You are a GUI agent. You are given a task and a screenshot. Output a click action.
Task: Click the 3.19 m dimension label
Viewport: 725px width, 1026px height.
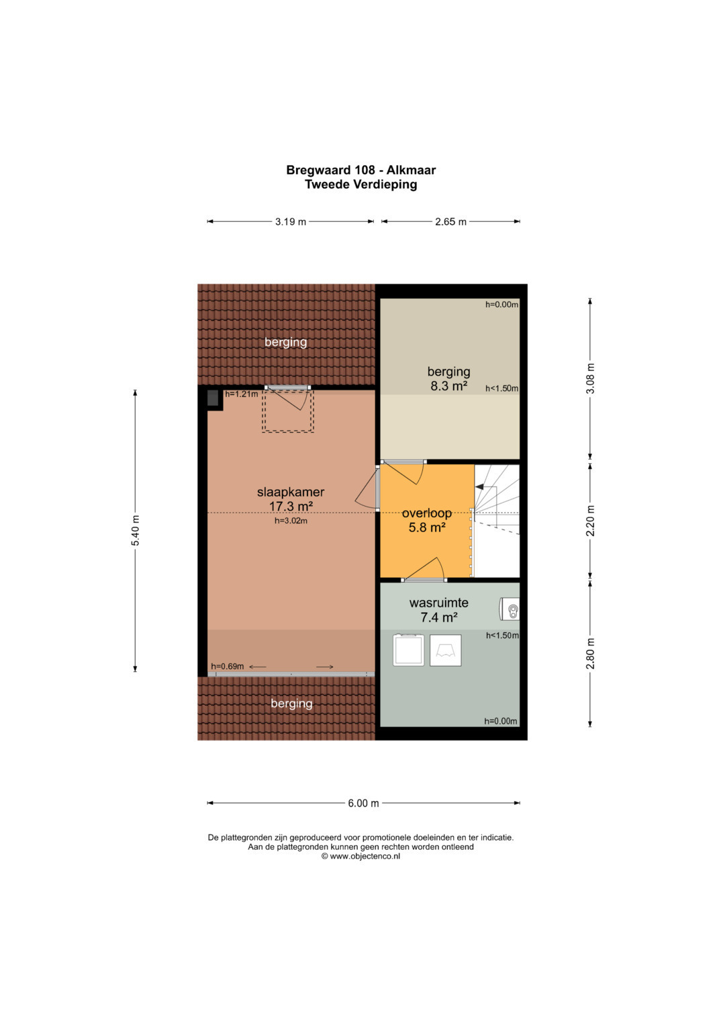click(290, 222)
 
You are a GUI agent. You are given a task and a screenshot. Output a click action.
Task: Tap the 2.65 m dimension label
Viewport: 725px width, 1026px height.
click(450, 222)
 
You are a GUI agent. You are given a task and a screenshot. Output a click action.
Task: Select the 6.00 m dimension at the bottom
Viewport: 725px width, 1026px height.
click(363, 803)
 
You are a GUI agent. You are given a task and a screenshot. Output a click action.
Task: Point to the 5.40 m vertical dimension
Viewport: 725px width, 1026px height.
click(135, 531)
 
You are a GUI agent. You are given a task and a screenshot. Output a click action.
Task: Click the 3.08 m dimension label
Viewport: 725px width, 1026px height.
click(591, 378)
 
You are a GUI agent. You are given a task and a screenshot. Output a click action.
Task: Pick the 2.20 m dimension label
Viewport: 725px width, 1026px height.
click(591, 521)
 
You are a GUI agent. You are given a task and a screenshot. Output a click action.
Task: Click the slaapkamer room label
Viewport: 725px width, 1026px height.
click(291, 493)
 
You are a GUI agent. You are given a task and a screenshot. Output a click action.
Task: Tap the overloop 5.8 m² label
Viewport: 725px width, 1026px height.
click(426, 520)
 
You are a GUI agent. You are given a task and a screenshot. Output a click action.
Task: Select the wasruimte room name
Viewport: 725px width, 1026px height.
click(439, 603)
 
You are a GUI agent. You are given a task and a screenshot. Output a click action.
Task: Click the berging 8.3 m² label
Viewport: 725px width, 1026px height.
click(448, 379)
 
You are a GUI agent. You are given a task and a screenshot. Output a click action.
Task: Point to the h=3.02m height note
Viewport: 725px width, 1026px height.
click(291, 521)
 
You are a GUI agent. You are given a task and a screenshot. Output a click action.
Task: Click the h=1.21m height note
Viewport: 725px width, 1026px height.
click(241, 394)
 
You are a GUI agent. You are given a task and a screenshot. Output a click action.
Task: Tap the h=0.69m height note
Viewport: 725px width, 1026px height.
click(227, 667)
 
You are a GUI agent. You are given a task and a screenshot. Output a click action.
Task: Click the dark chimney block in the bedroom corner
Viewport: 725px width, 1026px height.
click(213, 398)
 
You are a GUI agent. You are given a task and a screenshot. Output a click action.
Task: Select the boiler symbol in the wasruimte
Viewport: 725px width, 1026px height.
click(510, 610)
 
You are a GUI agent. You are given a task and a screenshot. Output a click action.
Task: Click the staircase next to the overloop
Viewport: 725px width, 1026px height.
click(497, 521)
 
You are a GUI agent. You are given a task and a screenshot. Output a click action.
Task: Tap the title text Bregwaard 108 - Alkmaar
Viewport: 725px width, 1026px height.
click(360, 170)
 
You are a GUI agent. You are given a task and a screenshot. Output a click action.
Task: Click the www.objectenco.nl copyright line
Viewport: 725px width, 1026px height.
click(360, 856)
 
